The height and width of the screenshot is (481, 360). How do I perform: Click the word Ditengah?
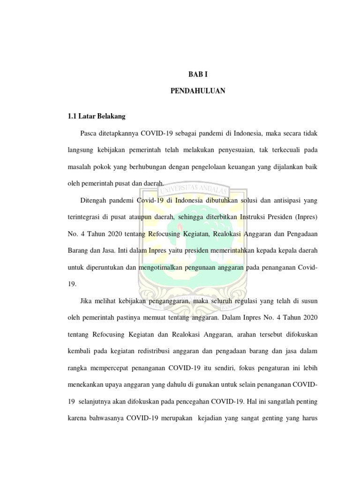(x=93, y=200)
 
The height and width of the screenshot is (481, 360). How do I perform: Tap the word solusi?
(x=242, y=200)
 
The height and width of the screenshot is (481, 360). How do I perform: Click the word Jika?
(x=87, y=301)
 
